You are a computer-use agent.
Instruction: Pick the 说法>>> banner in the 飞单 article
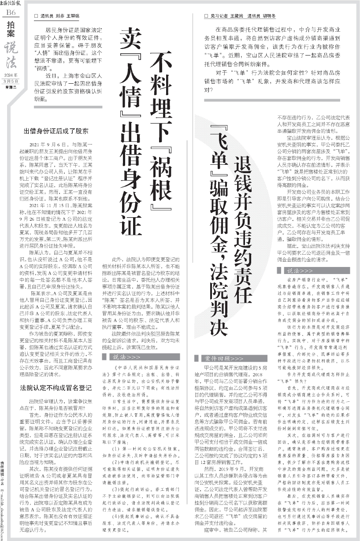tap(300, 269)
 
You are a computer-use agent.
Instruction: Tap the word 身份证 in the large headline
tap(131, 207)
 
